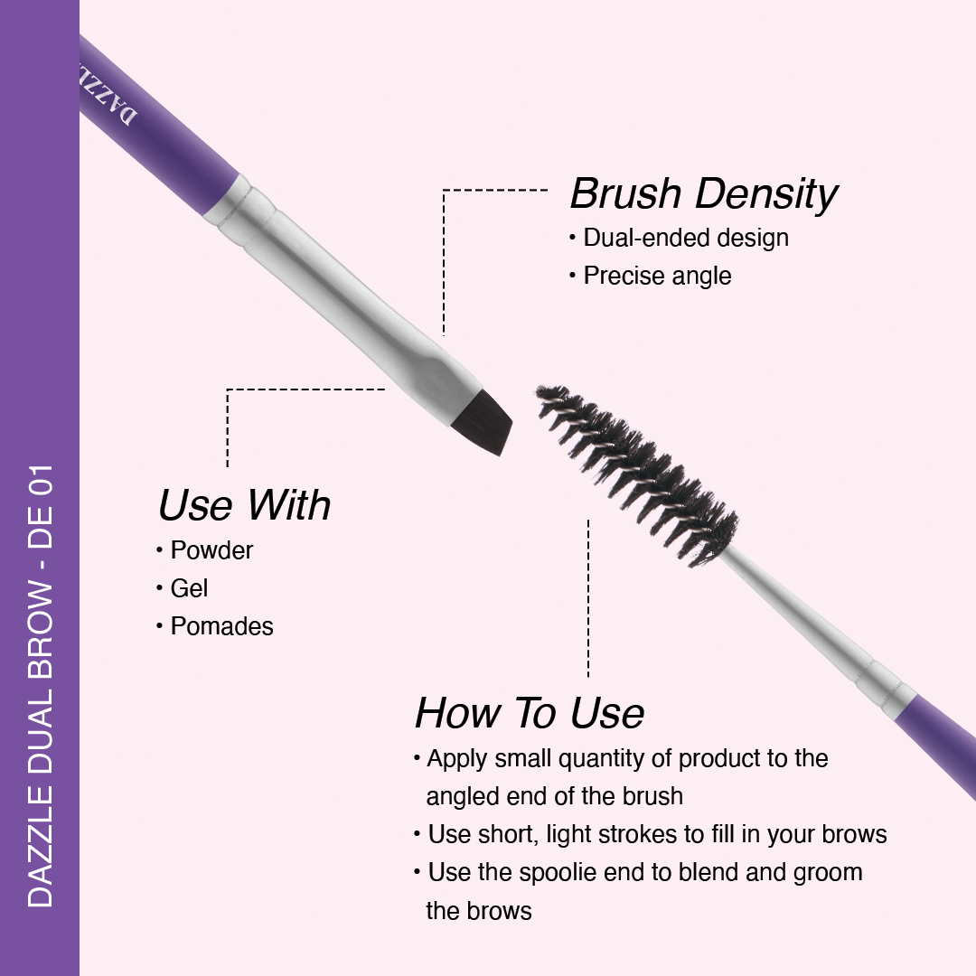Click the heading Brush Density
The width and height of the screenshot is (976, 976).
coord(704,195)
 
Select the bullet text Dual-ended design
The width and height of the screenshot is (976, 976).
coord(686,239)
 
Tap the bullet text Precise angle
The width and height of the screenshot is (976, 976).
coord(657,277)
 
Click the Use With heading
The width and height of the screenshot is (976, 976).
coord(244,505)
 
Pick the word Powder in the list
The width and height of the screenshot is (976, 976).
coord(211,551)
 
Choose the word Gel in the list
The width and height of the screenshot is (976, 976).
coord(189,589)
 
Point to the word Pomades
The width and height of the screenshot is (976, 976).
coord(221,627)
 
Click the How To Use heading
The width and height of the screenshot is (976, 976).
coord(529,713)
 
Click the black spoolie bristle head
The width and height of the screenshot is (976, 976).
coord(636,476)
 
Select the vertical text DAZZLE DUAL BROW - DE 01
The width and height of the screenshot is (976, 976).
coord(41,685)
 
